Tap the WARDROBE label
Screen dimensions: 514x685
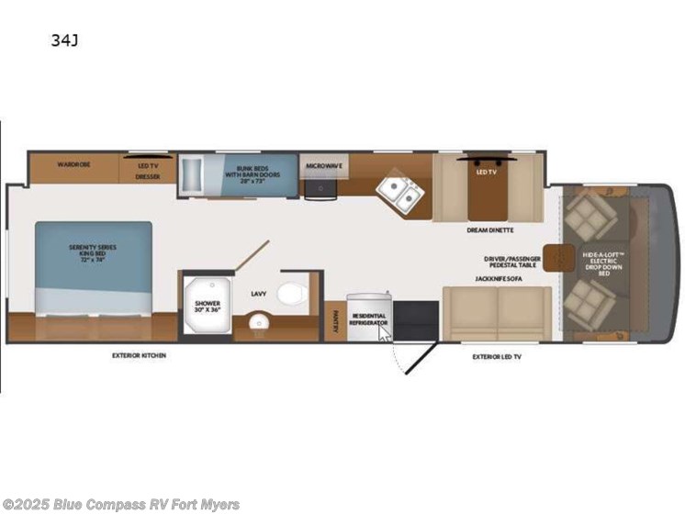(x=73, y=165)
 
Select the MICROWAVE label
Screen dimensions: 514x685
(x=323, y=166)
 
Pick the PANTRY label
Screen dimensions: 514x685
(x=333, y=322)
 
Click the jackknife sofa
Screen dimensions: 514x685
(x=496, y=312)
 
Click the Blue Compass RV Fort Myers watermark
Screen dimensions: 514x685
(x=121, y=504)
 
